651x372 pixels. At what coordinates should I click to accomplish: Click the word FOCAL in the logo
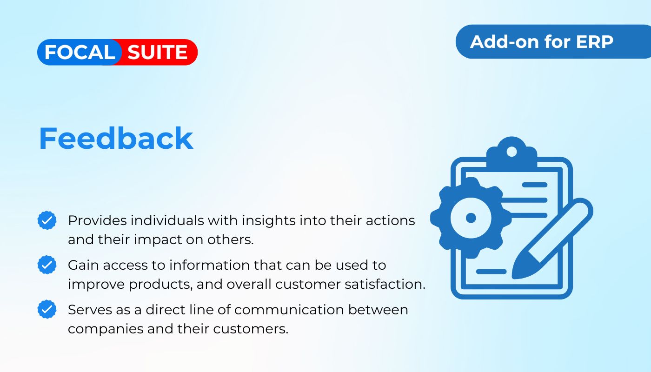coord(80,52)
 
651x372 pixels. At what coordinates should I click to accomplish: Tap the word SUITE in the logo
coord(157,52)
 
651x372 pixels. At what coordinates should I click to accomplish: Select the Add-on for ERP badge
coord(553,41)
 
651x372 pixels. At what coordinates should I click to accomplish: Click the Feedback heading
coord(116,139)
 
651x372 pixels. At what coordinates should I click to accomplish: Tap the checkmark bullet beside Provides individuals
coord(47,220)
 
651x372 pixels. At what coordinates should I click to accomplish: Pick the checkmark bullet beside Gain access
coord(47,265)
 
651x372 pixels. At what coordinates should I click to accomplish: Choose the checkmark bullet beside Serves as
coord(47,309)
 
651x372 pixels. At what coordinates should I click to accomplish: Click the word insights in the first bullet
coord(269,221)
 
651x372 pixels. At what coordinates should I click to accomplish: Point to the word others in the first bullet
coord(230,239)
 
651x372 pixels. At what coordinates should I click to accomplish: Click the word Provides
coord(97,221)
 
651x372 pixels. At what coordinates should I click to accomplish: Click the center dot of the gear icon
coord(471,218)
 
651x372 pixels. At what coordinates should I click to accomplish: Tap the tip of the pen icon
coord(512,278)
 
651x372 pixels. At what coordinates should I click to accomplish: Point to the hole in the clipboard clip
coord(511,152)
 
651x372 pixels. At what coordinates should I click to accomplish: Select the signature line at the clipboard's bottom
coord(491,272)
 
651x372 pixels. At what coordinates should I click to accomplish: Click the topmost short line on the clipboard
coord(535,185)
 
